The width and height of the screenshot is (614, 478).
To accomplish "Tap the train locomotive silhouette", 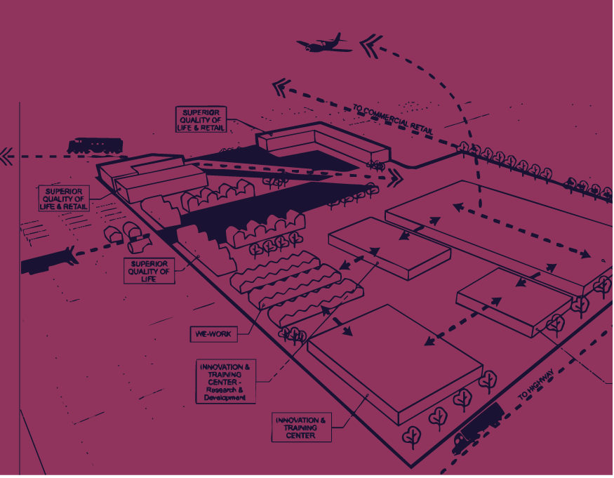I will (94, 146).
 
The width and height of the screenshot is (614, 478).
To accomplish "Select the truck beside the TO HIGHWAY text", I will (479, 426).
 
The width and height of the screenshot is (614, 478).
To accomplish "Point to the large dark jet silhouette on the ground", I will (49, 260).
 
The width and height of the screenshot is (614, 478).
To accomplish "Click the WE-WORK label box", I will (214, 334).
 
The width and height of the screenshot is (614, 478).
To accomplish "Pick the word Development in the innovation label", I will (225, 398).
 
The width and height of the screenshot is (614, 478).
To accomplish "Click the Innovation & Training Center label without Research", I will (302, 427).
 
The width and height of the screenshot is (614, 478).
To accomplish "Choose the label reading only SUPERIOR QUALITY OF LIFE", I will (149, 271).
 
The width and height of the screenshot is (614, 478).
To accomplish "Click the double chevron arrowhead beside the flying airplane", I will (371, 46).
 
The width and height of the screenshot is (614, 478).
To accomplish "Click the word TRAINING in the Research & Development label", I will (225, 376).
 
